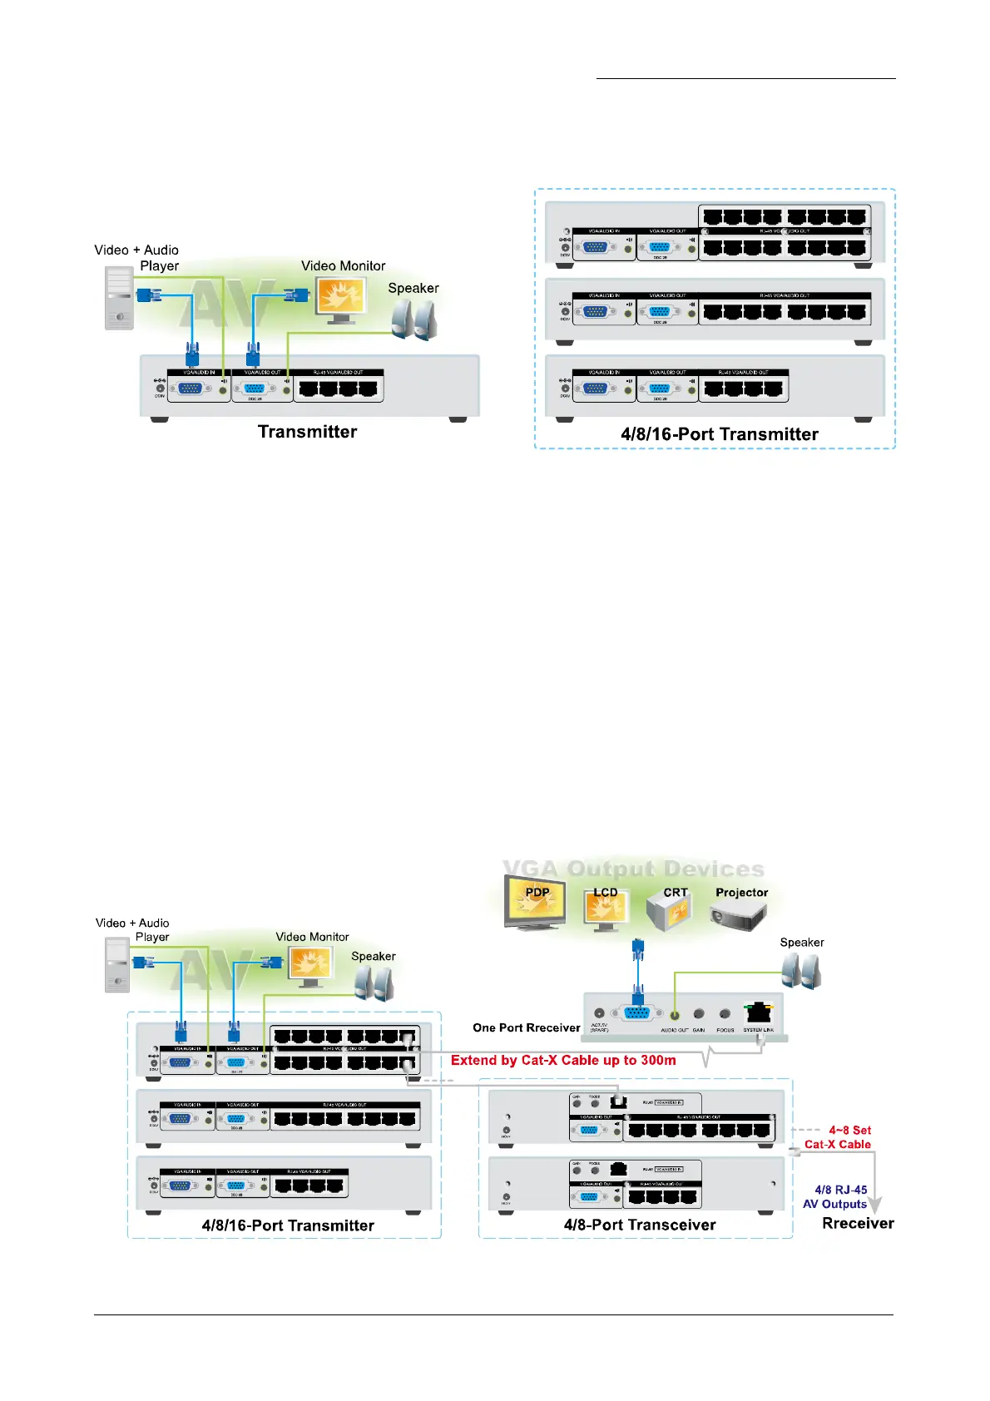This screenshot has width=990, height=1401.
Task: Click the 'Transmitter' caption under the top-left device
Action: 307,432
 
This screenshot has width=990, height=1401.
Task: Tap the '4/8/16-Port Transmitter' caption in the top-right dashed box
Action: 719,434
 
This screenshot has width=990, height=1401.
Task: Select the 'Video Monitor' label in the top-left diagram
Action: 343,266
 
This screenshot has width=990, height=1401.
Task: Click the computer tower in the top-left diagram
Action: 119,298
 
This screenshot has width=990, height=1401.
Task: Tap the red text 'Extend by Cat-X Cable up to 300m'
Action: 563,1061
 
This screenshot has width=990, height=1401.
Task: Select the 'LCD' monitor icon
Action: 605,908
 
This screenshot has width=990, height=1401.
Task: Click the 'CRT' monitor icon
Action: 670,910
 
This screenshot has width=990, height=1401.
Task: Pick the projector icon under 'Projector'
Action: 739,915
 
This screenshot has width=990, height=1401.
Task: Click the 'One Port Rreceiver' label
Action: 526,1028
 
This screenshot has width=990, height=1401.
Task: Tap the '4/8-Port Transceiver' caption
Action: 639,1225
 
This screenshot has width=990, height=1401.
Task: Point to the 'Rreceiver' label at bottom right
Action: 858,1224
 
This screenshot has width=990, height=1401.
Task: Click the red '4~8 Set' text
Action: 849,1131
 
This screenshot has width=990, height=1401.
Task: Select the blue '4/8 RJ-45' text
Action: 840,1191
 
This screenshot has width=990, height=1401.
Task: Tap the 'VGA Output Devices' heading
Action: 633,869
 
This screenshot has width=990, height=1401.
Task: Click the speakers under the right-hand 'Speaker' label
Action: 801,971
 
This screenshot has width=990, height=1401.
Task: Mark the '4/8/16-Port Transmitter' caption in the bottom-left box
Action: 288,1225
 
